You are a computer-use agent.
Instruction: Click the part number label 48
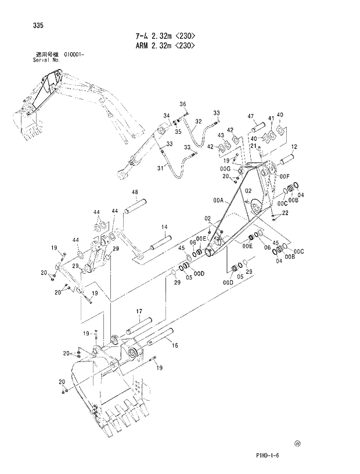coord(134,193)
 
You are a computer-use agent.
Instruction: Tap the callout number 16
coord(175,345)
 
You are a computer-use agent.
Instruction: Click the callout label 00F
coord(284,176)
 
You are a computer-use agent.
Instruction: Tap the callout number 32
coord(198,121)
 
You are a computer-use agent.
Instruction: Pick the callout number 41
coord(271,119)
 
